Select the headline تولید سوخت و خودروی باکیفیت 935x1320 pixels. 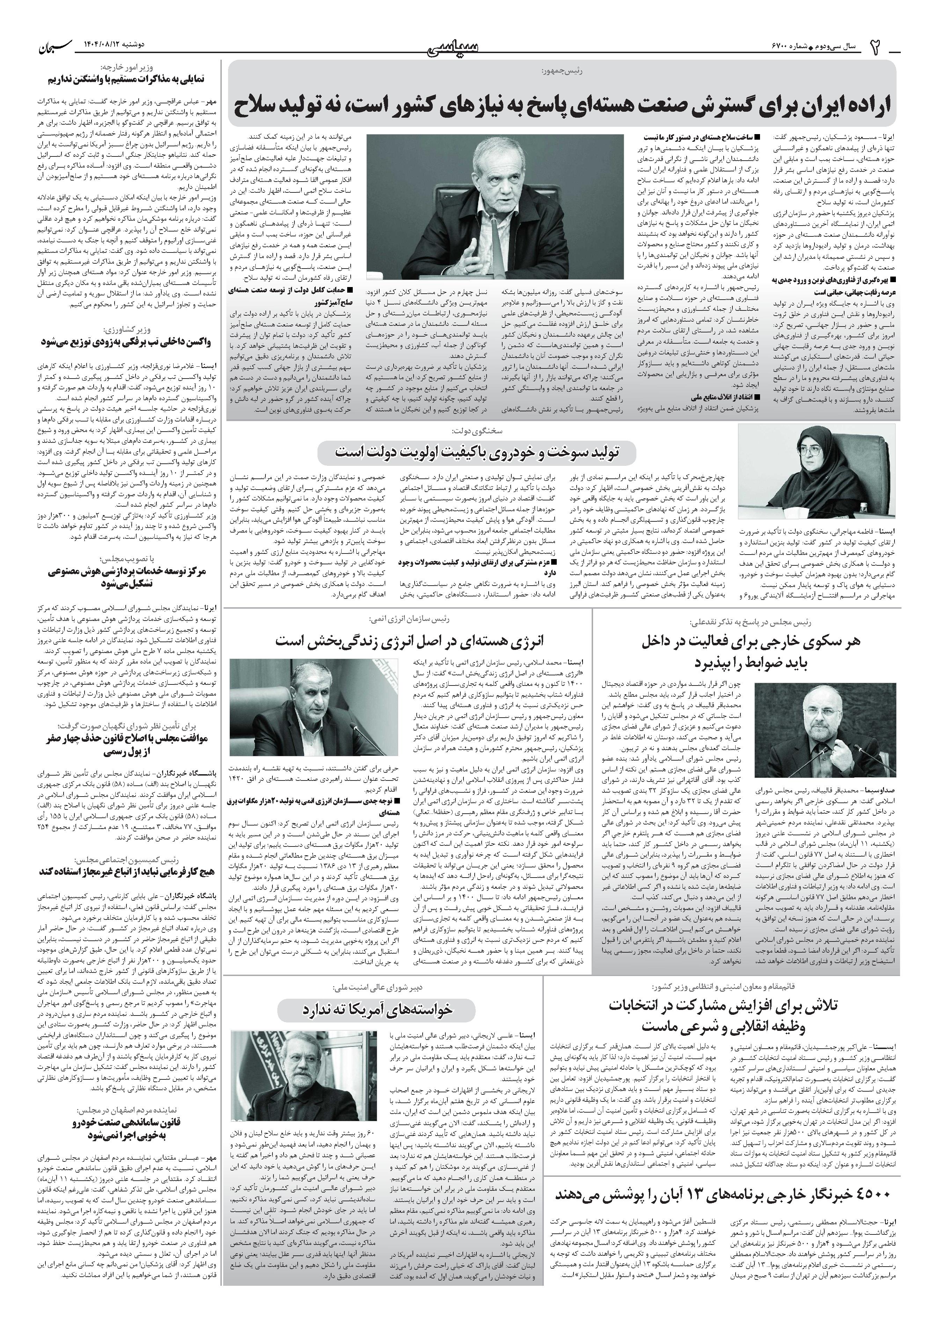coord(477,453)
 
